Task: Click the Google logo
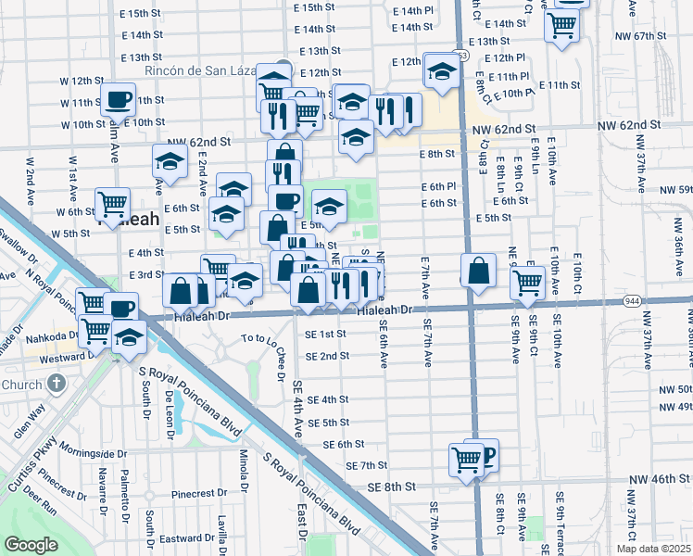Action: (x=31, y=545)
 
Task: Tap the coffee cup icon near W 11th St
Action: (x=118, y=99)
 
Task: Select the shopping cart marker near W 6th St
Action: (x=112, y=202)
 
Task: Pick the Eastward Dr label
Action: (x=186, y=538)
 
